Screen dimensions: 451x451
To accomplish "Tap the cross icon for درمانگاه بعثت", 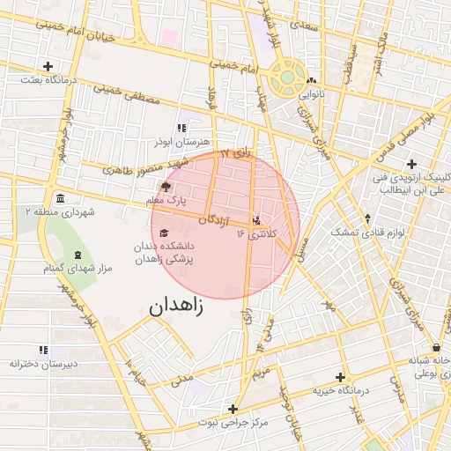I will click(x=48, y=66).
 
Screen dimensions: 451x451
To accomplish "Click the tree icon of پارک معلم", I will click(x=166, y=187).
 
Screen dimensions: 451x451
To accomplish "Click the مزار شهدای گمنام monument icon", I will click(x=80, y=253).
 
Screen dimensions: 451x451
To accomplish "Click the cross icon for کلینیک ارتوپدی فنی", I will click(x=411, y=163).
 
